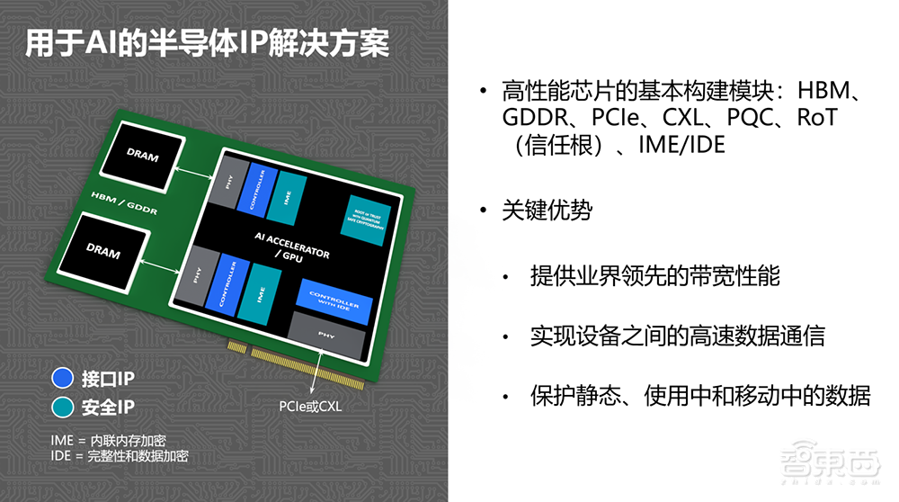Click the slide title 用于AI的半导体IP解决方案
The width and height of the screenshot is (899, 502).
coord(207,43)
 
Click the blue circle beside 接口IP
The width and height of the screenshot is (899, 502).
coord(62,378)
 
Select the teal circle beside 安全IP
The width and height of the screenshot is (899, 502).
coord(62,408)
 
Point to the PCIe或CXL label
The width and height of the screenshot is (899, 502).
coord(310,406)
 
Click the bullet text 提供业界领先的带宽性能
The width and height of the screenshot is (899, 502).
coord(654,275)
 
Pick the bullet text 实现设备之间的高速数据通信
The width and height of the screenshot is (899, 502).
coord(677,336)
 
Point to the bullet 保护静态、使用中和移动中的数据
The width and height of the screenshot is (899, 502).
coord(700,396)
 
